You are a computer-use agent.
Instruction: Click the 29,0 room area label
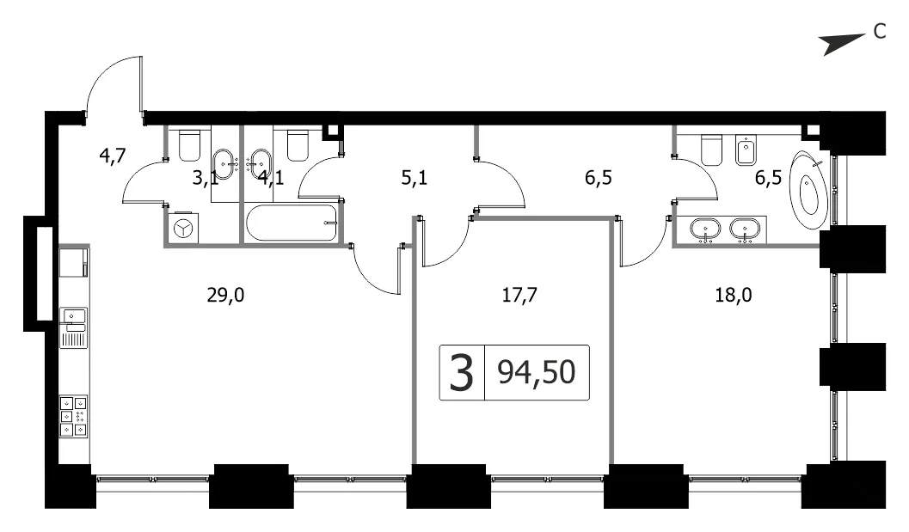coord(225,296)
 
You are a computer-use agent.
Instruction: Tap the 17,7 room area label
coord(519,296)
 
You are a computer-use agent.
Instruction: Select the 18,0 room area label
coord(733,296)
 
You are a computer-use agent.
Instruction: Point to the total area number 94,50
coord(537,372)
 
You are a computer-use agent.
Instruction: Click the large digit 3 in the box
coord(462,373)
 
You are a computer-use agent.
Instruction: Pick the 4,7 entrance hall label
coord(113,156)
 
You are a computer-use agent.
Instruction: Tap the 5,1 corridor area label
coord(414,178)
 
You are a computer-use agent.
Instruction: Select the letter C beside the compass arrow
coord(880,31)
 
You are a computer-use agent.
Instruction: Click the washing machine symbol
coord(184,229)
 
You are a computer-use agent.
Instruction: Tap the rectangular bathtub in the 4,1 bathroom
coord(291,223)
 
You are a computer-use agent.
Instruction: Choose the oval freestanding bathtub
coord(810,189)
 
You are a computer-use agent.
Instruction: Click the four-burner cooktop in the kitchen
coord(74,416)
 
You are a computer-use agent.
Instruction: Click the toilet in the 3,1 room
coord(189,145)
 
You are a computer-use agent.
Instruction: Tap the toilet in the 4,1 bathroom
coord(298,145)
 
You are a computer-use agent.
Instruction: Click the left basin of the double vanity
coord(705,229)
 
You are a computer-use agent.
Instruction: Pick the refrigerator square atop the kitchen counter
coord(74,262)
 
